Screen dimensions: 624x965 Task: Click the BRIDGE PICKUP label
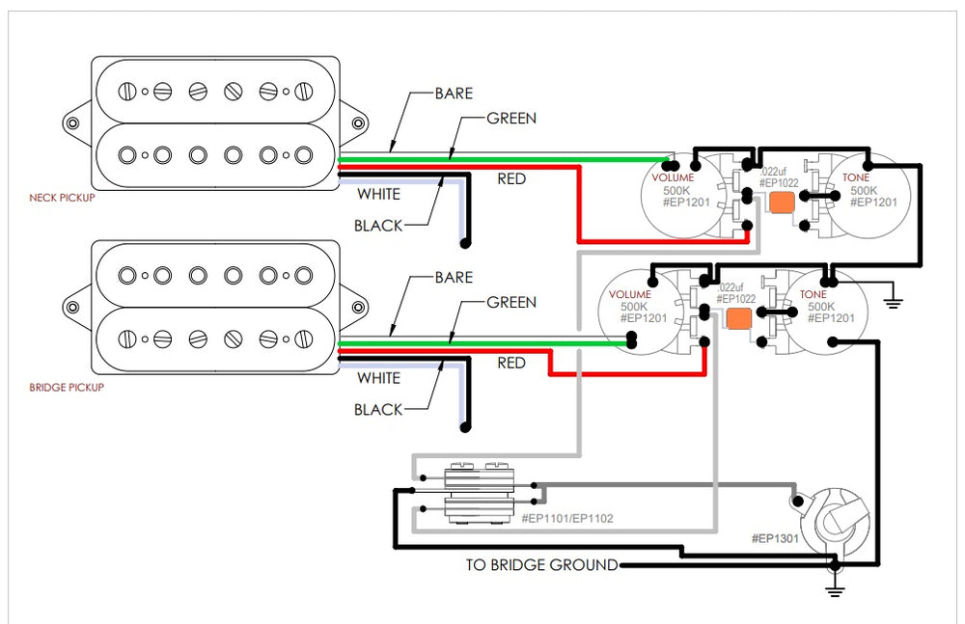(67, 388)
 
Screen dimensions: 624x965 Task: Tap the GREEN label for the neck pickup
(510, 119)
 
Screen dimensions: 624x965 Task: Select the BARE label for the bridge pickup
(454, 277)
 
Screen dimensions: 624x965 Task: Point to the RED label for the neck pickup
(511, 178)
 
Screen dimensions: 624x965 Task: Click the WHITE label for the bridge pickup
(378, 378)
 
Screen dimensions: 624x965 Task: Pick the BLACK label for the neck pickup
(378, 226)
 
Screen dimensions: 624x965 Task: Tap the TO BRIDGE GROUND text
(541, 565)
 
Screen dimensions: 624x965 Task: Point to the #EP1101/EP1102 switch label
(566, 519)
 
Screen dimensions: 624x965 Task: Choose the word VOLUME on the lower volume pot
(629, 294)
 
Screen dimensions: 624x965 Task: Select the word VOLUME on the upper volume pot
(673, 178)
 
